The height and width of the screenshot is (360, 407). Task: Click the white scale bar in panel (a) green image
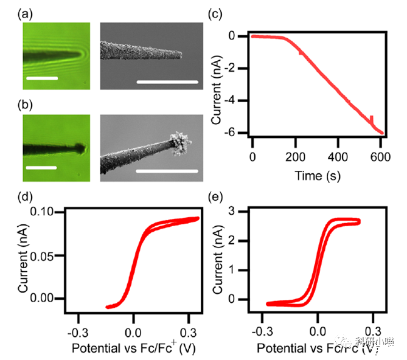[x=41, y=78]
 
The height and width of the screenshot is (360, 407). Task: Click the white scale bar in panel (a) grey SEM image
[x=168, y=80]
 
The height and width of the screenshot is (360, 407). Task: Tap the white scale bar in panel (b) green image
[x=41, y=164]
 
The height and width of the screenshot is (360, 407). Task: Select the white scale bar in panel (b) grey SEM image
[x=168, y=171]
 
